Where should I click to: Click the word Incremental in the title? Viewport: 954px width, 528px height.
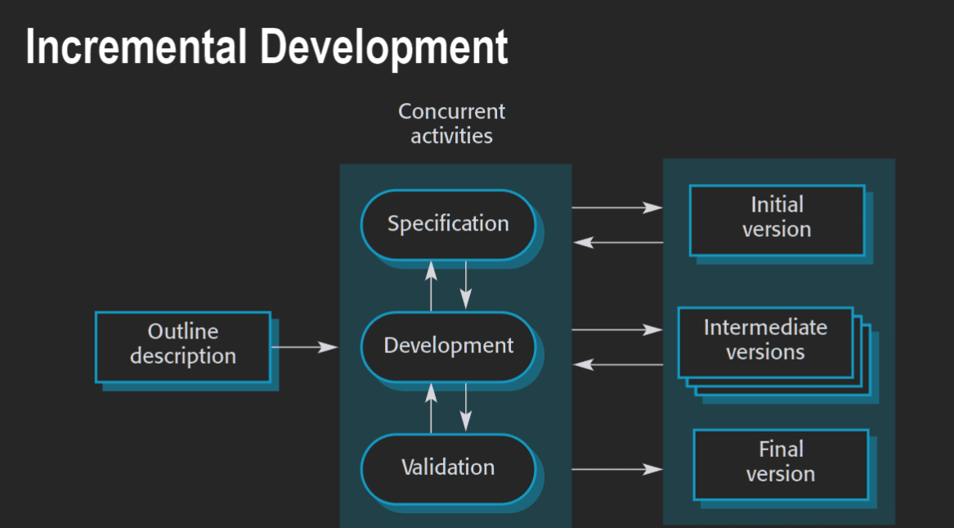(x=136, y=47)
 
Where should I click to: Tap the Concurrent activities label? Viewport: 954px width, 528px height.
(x=451, y=123)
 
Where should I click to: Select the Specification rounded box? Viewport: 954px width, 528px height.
(x=449, y=225)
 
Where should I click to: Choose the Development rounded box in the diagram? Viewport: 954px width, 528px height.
(x=449, y=346)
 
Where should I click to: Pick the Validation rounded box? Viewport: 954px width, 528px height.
(x=449, y=468)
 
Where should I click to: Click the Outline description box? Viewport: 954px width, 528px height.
(x=183, y=347)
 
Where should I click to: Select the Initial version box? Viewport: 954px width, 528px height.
(x=777, y=220)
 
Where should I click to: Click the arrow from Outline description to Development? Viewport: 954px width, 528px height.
(x=304, y=347)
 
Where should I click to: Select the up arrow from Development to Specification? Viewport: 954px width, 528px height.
(x=432, y=286)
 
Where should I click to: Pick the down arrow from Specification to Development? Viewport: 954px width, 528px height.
(x=466, y=284)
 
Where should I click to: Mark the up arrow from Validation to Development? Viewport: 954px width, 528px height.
(x=432, y=408)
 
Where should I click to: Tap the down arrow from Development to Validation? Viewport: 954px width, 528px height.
(x=466, y=407)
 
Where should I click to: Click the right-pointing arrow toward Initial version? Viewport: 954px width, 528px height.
(x=617, y=208)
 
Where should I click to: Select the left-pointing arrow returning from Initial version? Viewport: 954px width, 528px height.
(x=618, y=243)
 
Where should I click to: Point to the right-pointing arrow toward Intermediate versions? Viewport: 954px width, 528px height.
(x=617, y=330)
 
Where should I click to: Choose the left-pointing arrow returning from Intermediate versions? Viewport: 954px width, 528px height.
(x=618, y=365)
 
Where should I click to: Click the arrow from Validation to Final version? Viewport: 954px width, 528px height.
(x=617, y=470)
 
